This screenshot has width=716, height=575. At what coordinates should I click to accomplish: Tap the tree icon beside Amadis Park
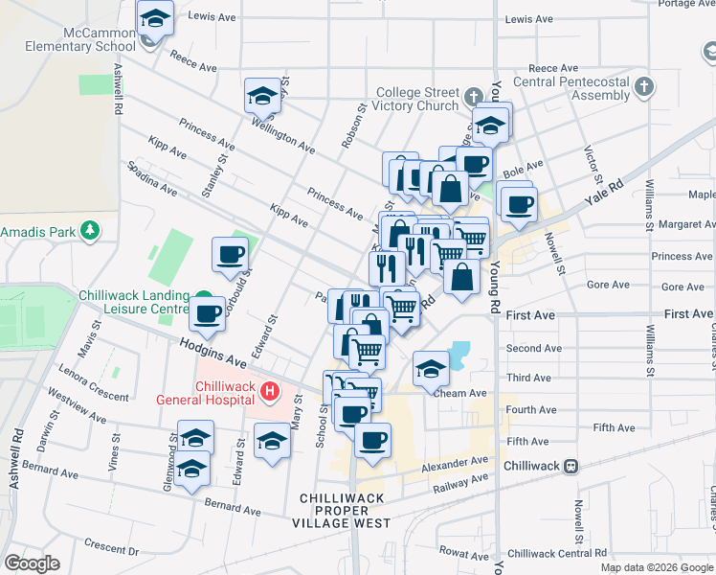coord(89,231)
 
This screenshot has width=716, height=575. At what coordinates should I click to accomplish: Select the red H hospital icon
coord(270,391)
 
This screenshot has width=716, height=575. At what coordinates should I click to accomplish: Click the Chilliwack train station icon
coord(571,466)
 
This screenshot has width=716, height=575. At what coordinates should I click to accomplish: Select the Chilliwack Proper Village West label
coord(346,511)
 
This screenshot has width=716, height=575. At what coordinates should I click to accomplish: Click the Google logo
coord(32,563)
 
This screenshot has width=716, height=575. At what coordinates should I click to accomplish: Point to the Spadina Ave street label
coord(153,178)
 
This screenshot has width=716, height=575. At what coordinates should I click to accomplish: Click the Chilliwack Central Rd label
coord(557,553)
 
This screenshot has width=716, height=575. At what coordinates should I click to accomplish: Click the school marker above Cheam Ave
coord(432,368)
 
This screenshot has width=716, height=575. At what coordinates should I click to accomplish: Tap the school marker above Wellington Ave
coord(262,96)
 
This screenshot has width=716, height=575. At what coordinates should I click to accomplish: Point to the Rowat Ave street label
coord(464,552)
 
